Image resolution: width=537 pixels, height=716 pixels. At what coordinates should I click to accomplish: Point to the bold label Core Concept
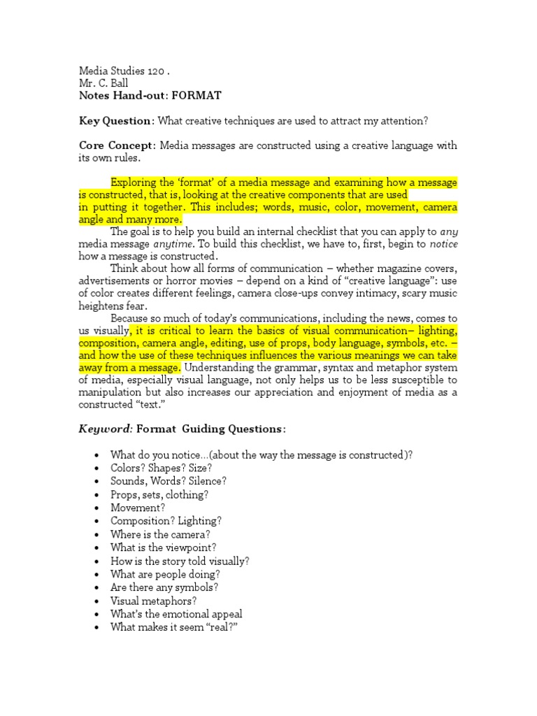coord(116,145)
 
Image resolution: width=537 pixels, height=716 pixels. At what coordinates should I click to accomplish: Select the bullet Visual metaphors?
coord(153,601)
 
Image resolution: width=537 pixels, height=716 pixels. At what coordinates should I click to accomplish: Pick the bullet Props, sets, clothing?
coord(159,494)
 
